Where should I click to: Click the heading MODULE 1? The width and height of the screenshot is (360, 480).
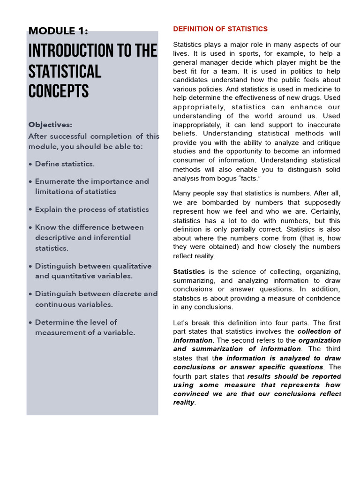pos(58,31)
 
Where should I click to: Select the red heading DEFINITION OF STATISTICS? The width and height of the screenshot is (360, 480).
pos(220,29)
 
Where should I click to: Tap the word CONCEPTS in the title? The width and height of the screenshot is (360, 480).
pos(59,91)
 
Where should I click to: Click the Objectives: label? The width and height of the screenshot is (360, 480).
pos(50,125)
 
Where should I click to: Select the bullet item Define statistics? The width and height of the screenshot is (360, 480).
pos(65,164)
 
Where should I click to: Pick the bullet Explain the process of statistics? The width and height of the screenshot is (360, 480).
pos(92,210)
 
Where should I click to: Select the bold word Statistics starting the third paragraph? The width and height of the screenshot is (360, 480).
pos(189,271)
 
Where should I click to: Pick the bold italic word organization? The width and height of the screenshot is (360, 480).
pos(320,340)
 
